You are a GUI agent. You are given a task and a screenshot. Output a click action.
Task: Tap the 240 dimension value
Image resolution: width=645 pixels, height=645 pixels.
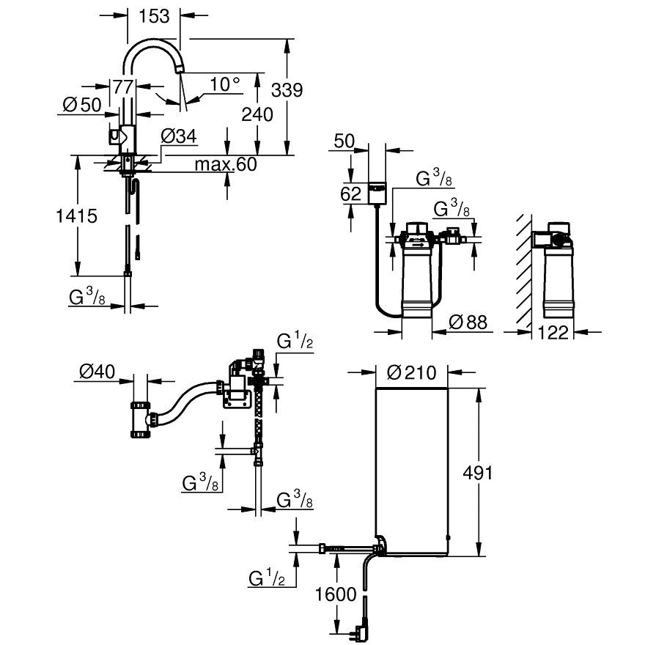coord(257,114)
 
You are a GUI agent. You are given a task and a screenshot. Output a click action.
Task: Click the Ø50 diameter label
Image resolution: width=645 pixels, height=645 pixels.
coord(81,105)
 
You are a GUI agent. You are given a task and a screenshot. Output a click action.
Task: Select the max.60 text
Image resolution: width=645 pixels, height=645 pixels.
coord(225,164)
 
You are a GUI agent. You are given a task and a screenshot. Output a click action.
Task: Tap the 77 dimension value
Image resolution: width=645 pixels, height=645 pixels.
coord(122,86)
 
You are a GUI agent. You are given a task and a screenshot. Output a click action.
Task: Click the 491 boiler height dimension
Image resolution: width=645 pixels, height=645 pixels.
coord(478,471)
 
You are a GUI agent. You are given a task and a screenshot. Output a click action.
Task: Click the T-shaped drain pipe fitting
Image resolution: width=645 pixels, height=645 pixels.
coord(141,420)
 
